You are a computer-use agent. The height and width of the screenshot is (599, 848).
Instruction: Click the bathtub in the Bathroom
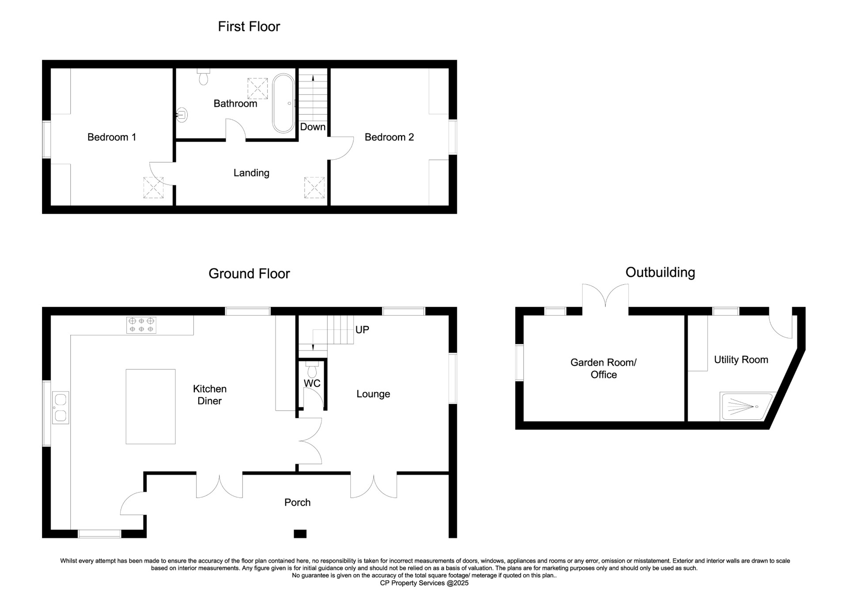point(283,103)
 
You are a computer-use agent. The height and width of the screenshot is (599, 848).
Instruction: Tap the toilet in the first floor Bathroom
point(203,76)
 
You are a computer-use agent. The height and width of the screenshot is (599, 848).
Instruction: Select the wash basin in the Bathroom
point(182,115)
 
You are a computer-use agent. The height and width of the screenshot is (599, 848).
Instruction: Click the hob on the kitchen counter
point(141,325)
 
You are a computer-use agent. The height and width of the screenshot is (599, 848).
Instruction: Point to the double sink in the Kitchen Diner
point(61,407)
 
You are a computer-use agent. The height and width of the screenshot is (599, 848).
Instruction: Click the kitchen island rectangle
point(151,407)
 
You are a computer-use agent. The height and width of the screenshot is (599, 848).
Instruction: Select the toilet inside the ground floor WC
point(311,369)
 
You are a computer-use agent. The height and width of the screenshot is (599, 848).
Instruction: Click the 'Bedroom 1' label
point(112,137)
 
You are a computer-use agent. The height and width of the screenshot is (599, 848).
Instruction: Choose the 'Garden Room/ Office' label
point(603,369)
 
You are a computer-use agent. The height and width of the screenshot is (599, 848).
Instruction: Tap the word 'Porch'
point(297,502)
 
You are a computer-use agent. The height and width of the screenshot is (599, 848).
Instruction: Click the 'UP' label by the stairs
point(362,330)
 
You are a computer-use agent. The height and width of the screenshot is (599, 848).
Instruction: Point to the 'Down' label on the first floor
point(313,127)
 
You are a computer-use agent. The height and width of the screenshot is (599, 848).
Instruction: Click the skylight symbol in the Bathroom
point(257,88)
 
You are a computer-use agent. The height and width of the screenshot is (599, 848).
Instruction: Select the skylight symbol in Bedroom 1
point(153,188)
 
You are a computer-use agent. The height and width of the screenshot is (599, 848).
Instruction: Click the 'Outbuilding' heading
point(660,273)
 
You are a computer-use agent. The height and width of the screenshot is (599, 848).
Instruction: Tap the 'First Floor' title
point(249,26)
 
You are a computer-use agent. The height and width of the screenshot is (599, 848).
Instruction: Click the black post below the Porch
point(300,534)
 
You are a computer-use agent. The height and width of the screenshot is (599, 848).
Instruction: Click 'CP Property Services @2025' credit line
point(424,583)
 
